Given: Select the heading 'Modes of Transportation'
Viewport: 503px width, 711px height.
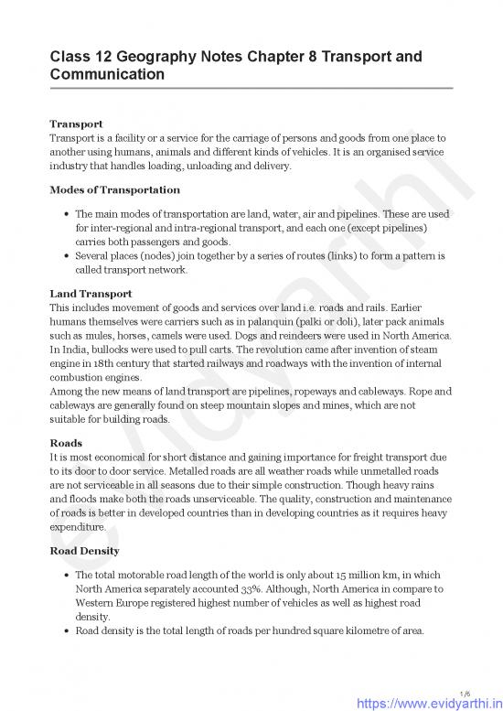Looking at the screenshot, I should coord(114,189).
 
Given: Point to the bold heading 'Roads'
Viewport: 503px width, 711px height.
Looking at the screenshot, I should coord(66,443).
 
